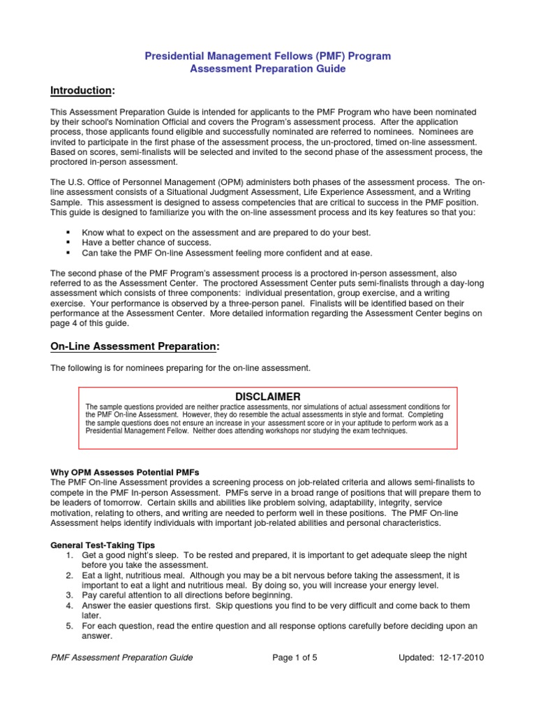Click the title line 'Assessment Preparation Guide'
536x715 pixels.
268,69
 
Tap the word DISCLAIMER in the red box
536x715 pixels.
267,396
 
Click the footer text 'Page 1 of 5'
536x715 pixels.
292,657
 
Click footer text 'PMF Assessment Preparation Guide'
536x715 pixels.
122,657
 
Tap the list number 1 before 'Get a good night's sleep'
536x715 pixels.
70,554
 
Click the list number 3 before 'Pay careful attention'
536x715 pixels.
70,596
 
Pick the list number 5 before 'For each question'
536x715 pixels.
70,626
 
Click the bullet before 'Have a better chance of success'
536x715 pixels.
68,242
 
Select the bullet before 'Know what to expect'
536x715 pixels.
68,232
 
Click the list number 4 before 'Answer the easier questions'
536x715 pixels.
70,606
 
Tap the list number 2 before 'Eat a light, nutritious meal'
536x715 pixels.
70,575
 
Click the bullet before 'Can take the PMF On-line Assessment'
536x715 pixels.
68,253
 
